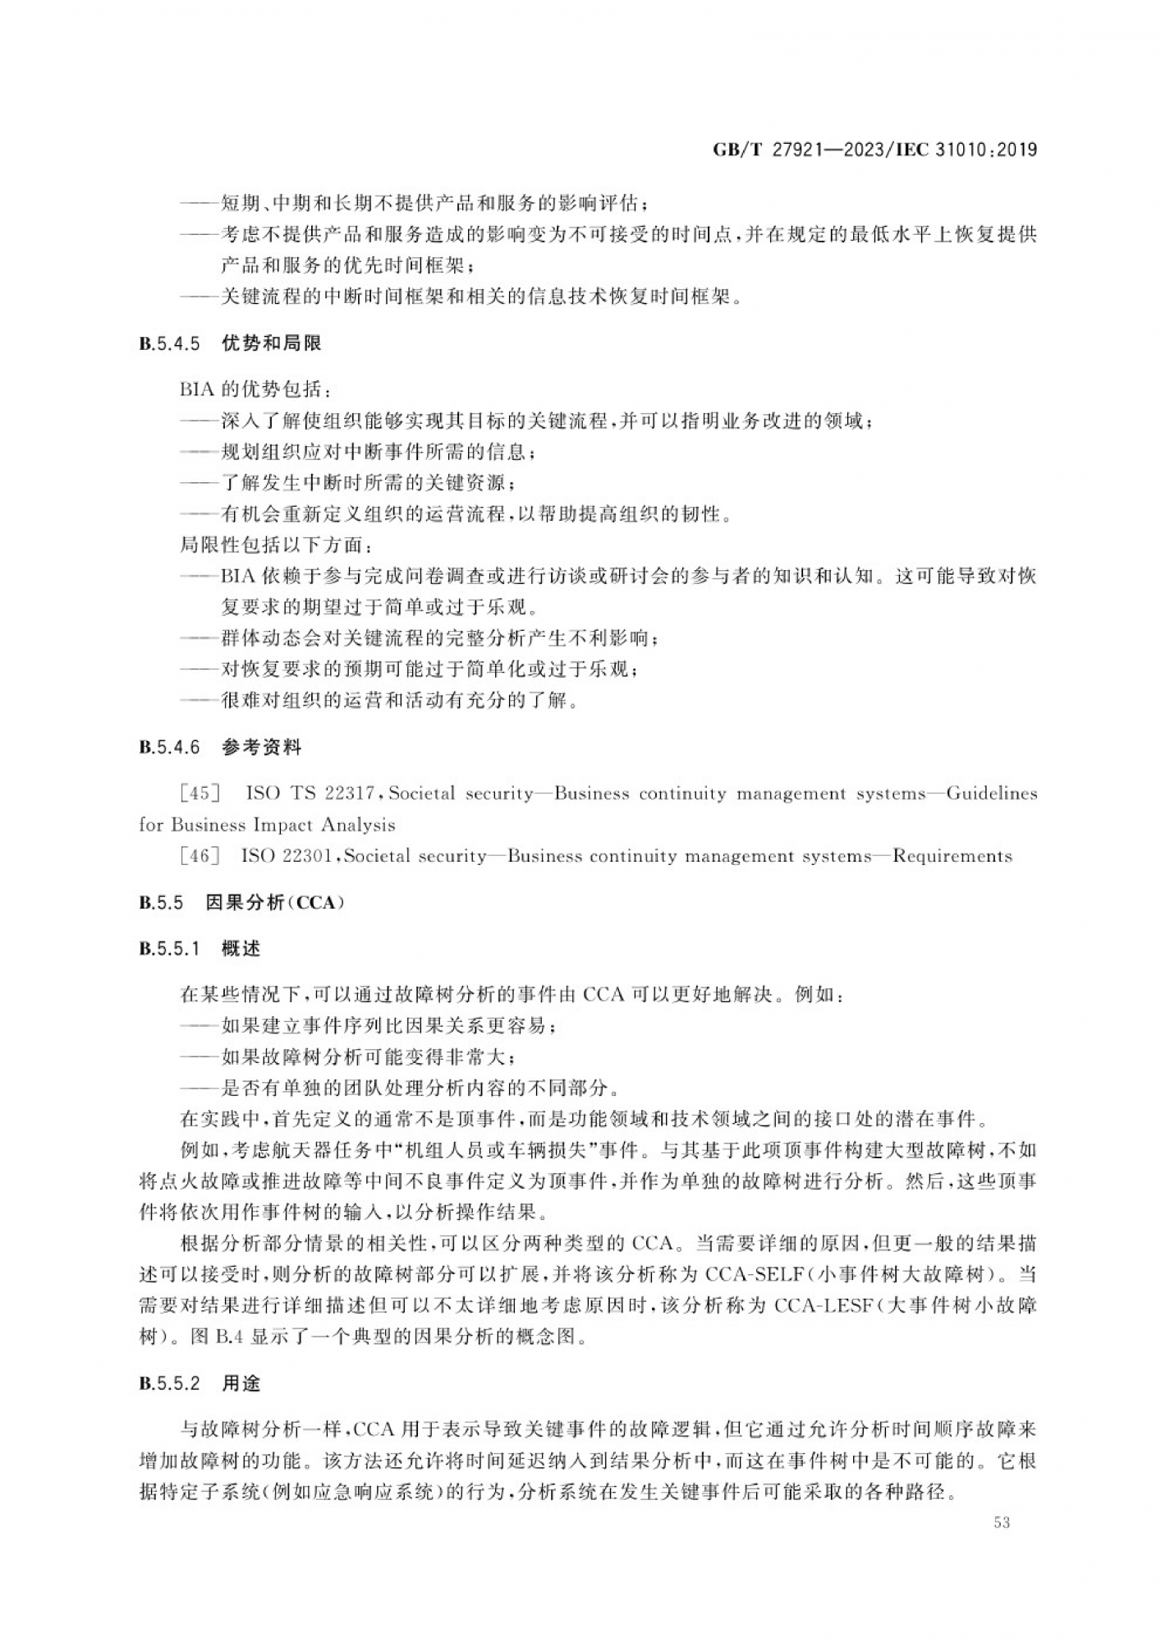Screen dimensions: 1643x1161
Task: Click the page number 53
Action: point(1001,1522)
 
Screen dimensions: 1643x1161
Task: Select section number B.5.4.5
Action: point(170,344)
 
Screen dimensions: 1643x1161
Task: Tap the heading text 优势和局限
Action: point(272,344)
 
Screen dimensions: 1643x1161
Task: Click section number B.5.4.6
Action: point(170,748)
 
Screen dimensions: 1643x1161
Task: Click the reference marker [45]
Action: point(200,794)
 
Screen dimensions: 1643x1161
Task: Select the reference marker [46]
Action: point(200,856)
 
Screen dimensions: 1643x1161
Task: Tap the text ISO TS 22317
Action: point(310,794)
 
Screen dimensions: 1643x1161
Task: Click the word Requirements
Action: point(952,856)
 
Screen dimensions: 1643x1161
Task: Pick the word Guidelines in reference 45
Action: point(992,794)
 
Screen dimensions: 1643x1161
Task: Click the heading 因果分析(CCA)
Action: point(274,902)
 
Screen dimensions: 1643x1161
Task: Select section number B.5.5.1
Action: point(170,949)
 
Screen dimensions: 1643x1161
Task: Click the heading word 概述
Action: point(241,949)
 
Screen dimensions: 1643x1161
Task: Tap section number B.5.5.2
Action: point(170,1383)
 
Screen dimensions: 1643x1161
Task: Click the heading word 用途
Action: point(241,1383)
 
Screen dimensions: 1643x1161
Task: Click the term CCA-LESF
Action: point(822,1305)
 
